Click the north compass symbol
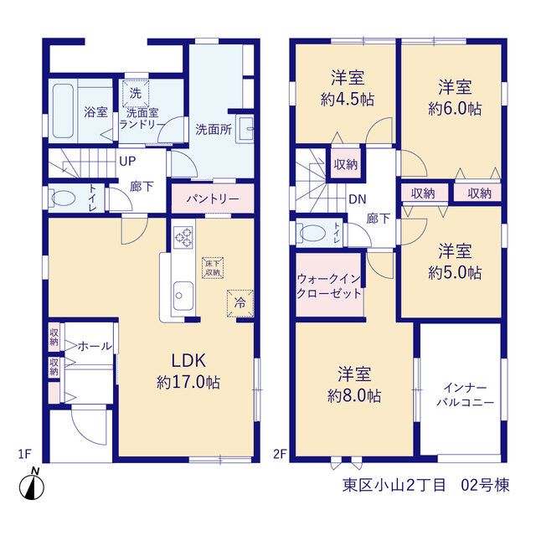32,485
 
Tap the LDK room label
188,361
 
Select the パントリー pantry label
212,198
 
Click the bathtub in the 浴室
63,111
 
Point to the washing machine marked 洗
136,93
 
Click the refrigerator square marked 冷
240,303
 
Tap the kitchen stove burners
183,237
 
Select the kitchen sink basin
183,296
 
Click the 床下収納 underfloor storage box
212,268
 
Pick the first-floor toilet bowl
62,198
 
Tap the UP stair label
127,162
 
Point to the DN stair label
358,199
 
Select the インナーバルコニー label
466,395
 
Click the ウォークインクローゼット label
329,286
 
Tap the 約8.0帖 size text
354,396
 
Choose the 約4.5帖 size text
348,100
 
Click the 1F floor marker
24,454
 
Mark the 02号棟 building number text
485,485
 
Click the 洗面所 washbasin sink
245,129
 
